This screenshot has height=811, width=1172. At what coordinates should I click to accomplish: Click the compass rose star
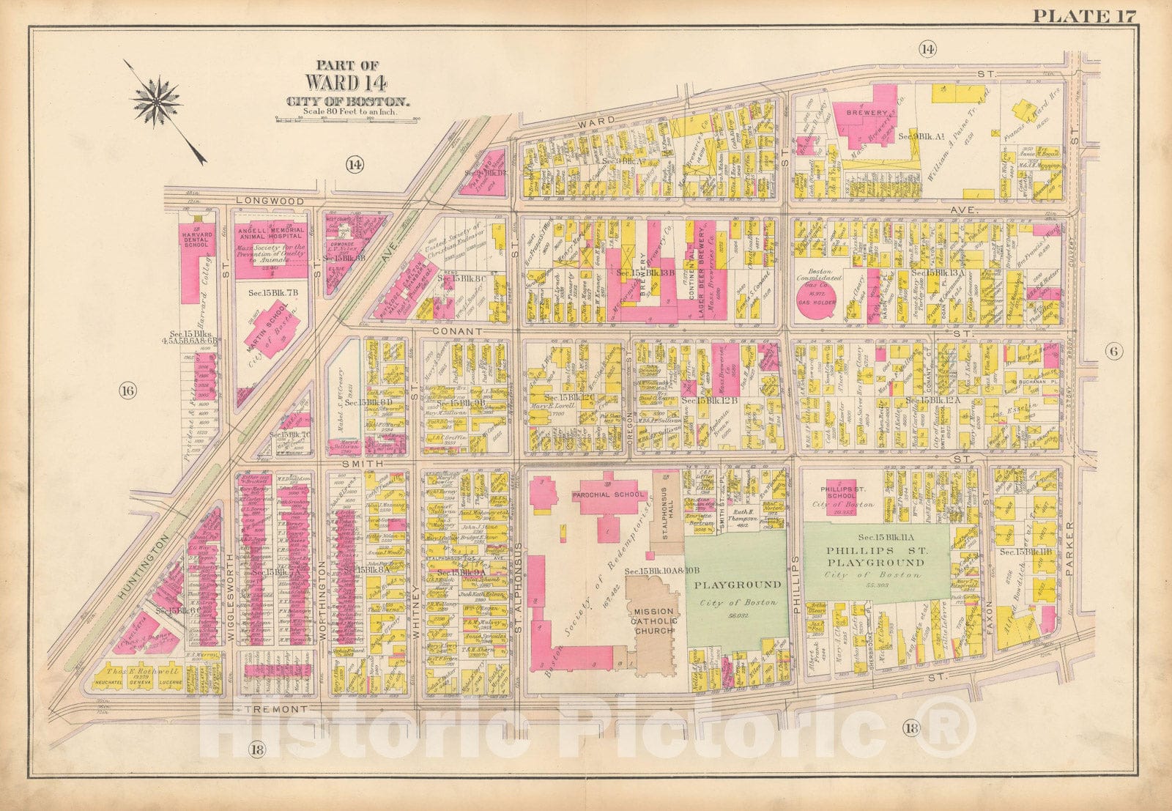157,101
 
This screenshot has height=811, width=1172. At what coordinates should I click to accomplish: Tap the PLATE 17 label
1083,14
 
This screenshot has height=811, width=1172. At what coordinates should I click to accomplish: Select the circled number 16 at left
127,390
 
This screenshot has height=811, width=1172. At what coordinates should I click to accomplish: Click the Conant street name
461,331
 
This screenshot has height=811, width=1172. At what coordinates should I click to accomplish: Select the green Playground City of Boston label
738,593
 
